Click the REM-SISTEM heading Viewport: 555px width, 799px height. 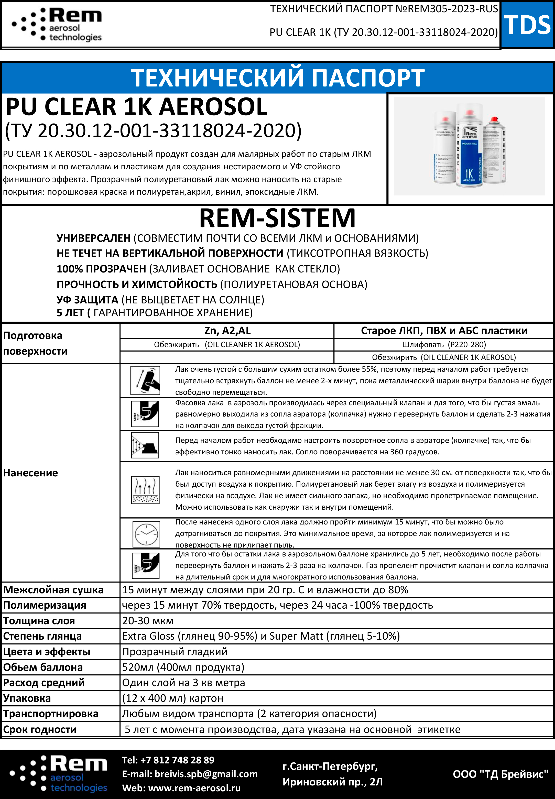tap(277, 218)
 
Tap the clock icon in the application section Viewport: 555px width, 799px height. tap(146, 534)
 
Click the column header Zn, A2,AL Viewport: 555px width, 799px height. tap(227, 330)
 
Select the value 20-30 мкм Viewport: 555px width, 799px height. tap(148, 621)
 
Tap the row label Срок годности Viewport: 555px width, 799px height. tap(40, 729)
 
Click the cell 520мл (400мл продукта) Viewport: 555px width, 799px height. tap(183, 667)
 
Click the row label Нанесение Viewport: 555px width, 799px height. tap(31, 473)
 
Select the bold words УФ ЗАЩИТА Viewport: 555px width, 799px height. tap(87, 300)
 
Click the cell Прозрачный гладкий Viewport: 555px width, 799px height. tap(175, 652)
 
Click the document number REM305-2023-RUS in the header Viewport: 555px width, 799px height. tap(453, 9)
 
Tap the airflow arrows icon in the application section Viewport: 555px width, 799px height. tap(145, 490)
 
